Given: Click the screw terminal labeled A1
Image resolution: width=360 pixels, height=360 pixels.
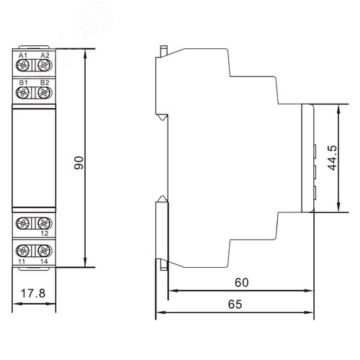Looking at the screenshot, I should click(22, 66).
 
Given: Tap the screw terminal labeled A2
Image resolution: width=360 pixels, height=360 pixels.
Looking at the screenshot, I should click(44, 66).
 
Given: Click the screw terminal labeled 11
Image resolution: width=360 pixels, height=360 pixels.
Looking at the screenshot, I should click(22, 251).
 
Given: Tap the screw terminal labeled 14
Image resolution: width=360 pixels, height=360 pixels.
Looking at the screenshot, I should click(44, 251).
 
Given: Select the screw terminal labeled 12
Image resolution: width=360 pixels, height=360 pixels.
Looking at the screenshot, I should click(44, 222).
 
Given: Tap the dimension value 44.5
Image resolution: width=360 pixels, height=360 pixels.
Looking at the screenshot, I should click(330, 158).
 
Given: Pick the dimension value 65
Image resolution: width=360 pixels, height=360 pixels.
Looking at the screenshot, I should click(235, 305).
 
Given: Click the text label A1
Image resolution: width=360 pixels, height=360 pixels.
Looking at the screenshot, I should click(22, 55).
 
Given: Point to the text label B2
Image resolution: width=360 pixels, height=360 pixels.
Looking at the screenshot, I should click(44, 83).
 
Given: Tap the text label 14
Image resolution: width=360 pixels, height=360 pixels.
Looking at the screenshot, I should click(44, 263).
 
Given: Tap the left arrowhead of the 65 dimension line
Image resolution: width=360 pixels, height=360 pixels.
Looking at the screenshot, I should click(161, 313).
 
